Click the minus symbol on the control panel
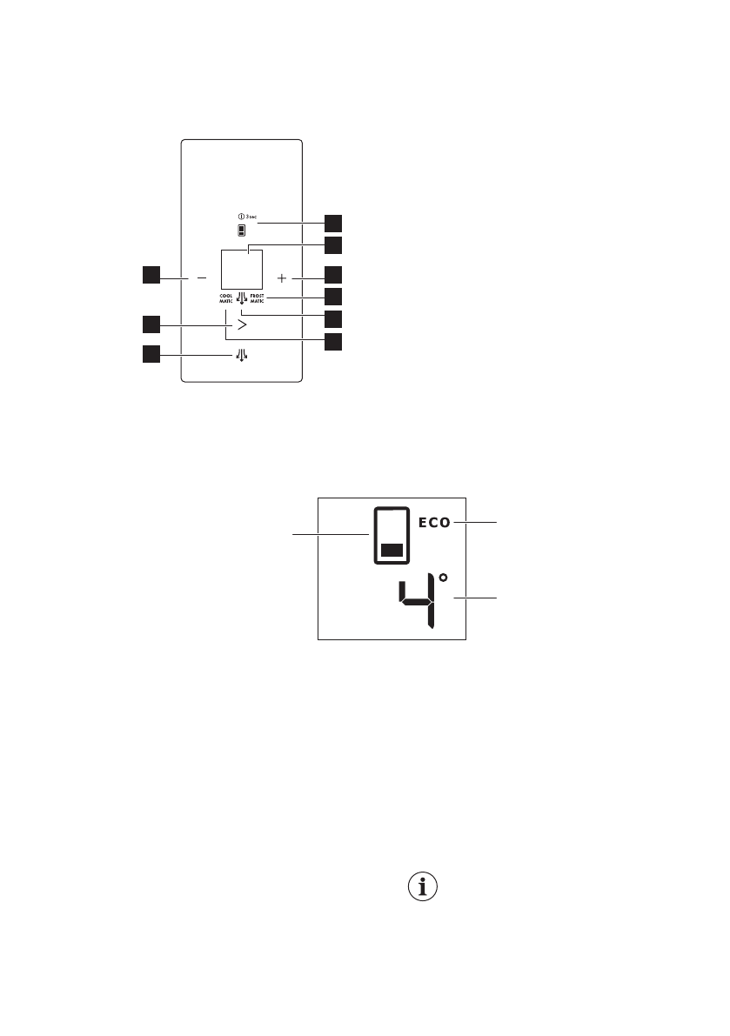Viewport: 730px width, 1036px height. pyautogui.click(x=202, y=277)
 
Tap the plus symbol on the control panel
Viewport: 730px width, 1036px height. pyautogui.click(x=281, y=277)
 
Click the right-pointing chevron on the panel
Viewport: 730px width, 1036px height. pyautogui.click(x=242, y=324)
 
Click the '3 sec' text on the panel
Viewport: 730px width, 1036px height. pyautogui.click(x=250, y=216)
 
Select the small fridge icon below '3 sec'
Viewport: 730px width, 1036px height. pyautogui.click(x=242, y=231)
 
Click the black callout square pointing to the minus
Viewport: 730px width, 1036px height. pyautogui.click(x=152, y=276)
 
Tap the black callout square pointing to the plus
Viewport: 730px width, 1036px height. pyautogui.click(x=333, y=276)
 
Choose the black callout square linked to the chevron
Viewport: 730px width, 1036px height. pyautogui.click(x=152, y=324)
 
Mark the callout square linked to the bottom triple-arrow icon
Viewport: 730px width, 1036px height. pyautogui.click(x=152, y=354)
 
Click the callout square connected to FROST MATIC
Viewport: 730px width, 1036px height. pyautogui.click(x=333, y=297)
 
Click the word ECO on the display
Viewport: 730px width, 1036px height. pyautogui.click(x=433, y=523)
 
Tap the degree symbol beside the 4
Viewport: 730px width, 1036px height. pyautogui.click(x=443, y=577)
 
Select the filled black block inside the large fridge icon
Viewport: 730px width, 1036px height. pyautogui.click(x=392, y=549)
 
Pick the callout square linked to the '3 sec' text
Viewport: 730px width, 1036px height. pyautogui.click(x=333, y=222)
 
